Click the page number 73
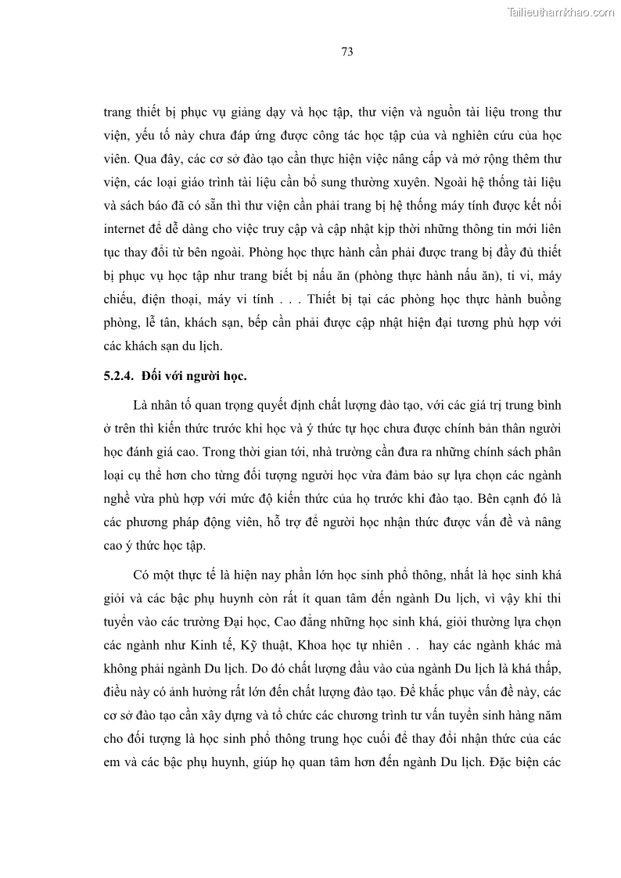pos(347,52)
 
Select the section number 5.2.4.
pos(120,376)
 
